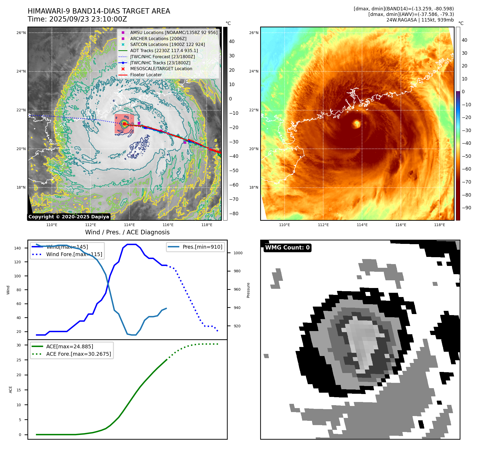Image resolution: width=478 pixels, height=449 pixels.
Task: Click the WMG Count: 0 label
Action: (287, 248)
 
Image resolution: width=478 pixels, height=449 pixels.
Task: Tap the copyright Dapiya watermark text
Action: (69, 217)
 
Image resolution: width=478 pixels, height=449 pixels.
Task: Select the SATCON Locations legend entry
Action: (167, 45)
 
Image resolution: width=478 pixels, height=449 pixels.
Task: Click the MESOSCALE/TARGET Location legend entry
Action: (161, 69)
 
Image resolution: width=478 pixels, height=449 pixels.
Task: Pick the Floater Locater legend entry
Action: (146, 75)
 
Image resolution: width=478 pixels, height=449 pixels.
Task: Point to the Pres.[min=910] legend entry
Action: (202, 247)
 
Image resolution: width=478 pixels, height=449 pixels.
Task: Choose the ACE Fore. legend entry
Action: (78, 354)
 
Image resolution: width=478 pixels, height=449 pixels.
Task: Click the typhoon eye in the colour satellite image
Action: (356, 124)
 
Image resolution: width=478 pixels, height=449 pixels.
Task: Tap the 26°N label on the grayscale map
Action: (21, 33)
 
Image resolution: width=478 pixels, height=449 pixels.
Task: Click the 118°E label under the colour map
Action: (439, 225)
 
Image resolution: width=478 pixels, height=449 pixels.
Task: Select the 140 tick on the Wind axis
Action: (18, 248)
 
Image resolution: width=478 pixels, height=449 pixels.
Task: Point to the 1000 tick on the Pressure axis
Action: (238, 253)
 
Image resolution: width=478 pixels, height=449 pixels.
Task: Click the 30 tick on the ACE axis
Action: (19, 345)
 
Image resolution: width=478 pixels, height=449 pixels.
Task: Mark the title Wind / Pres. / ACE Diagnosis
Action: (127, 232)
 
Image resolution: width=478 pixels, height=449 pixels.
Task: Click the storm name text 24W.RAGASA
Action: (401, 20)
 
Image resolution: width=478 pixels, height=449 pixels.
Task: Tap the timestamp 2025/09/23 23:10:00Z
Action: (88, 19)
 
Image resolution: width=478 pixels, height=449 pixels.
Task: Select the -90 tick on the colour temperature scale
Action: (466, 208)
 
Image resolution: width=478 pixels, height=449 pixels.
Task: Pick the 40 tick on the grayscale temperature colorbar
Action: (232, 41)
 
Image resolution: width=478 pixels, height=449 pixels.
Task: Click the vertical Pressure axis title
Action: (248, 290)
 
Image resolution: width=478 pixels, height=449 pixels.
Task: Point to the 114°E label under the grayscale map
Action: (129, 225)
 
